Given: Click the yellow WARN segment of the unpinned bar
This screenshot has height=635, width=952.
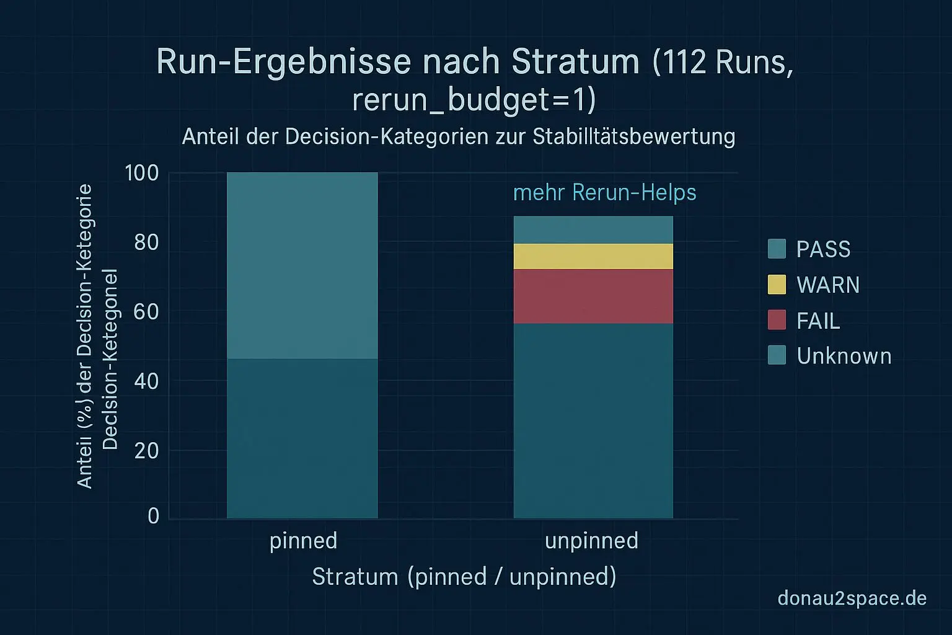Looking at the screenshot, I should (593, 256).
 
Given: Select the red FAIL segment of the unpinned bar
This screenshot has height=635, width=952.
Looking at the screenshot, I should (593, 296).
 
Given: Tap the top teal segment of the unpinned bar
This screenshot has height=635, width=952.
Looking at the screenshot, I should (593, 229).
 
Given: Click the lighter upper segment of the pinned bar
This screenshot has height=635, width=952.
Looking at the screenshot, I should (302, 265).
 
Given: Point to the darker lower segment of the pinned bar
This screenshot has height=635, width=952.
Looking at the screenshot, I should (302, 438).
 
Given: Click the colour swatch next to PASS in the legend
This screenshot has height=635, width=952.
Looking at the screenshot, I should (777, 249).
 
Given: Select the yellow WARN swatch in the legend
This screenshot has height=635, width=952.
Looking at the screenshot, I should (777, 285).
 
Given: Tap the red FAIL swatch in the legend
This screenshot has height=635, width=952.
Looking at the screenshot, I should (777, 320).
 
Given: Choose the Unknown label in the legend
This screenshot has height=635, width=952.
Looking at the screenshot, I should (844, 356).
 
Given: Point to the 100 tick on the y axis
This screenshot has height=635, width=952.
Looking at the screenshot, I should (142, 173).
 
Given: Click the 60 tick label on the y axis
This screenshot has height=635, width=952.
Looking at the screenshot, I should (146, 311).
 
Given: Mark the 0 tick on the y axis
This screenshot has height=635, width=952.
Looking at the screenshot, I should (153, 516).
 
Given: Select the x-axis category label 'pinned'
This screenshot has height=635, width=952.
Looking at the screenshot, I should (303, 541).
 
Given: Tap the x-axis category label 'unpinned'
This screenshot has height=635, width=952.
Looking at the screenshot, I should (591, 541).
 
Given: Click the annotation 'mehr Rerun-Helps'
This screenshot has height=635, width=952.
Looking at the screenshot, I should (604, 192).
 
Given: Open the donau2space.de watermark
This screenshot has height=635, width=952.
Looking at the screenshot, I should (852, 598).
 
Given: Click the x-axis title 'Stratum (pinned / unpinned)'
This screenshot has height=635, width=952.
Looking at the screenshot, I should (464, 577).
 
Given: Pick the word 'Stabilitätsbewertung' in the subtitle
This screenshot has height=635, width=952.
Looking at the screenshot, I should (633, 136).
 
